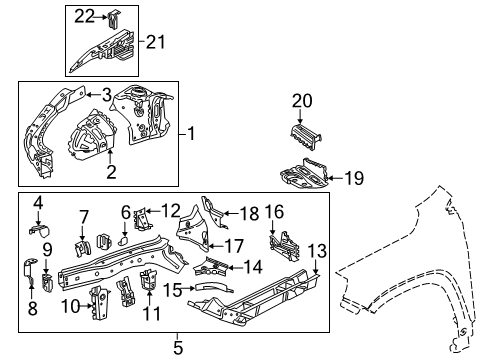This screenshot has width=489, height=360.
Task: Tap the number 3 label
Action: (x=105, y=94)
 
